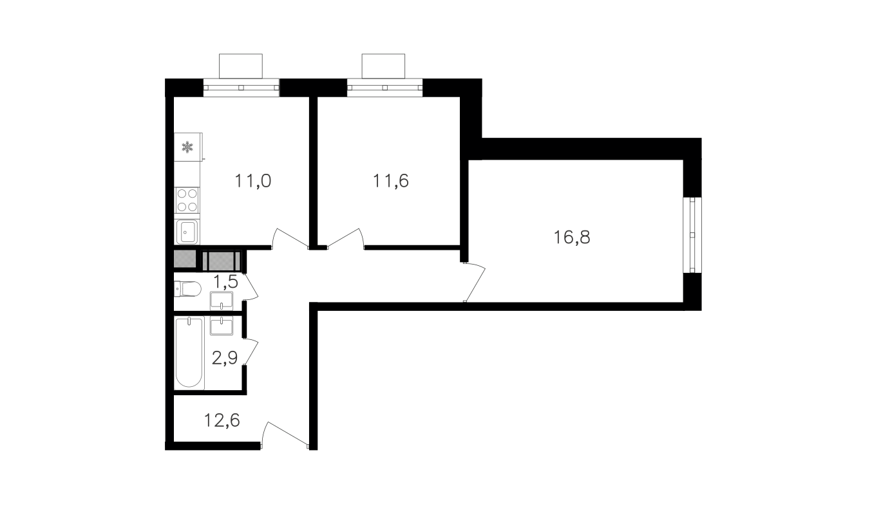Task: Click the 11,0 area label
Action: [253, 181]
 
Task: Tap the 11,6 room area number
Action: [391, 181]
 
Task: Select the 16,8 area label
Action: [572, 237]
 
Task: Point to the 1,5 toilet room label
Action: [226, 281]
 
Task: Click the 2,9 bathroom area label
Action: [225, 358]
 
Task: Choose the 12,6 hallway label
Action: [222, 420]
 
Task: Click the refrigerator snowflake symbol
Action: [187, 147]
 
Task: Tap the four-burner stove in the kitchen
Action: [187, 200]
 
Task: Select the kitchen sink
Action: [187, 232]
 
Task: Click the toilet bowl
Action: [187, 289]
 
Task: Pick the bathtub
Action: [189, 353]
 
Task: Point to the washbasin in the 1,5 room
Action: [222, 301]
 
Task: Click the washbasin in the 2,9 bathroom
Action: [222, 326]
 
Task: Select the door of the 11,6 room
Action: [345, 238]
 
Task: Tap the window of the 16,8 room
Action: [692, 236]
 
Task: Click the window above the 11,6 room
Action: [384, 88]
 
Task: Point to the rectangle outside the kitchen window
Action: [241, 66]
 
